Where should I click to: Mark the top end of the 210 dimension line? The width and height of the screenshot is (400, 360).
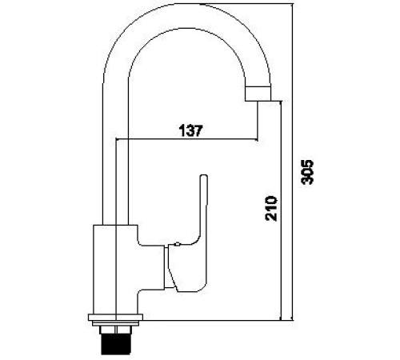click(282, 102)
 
